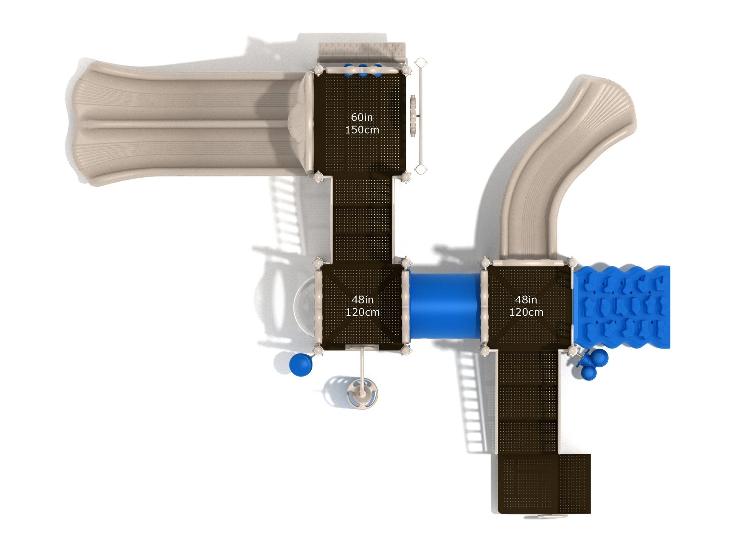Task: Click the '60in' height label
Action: pyautogui.click(x=362, y=117)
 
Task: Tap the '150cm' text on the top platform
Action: pyautogui.click(x=362, y=130)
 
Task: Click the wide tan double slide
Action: pyautogui.click(x=188, y=123)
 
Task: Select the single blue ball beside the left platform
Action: pyautogui.click(x=301, y=364)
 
